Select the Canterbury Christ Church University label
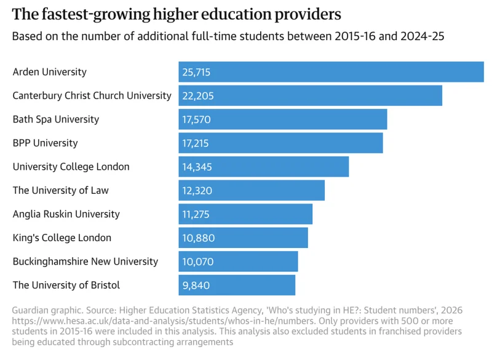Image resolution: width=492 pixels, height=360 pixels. coord(92,95)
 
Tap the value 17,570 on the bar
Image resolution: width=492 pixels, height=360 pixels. coord(196,119)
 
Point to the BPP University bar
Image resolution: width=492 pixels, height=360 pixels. coord(280,143)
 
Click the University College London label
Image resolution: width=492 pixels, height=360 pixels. coord(71,167)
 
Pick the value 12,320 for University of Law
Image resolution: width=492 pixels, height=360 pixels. coord(197,191)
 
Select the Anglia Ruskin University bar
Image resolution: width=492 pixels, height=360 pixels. coord(245,214)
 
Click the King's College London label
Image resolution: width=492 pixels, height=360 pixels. coord(62,238)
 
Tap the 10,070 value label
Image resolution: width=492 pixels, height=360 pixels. coord(197,262)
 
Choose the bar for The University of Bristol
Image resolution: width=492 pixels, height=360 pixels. coord(237,285)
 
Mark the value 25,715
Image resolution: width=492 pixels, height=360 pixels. coord(196,72)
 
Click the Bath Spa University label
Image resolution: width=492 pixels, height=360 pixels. coord(55,119)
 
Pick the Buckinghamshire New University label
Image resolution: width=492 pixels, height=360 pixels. coord(85,262)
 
